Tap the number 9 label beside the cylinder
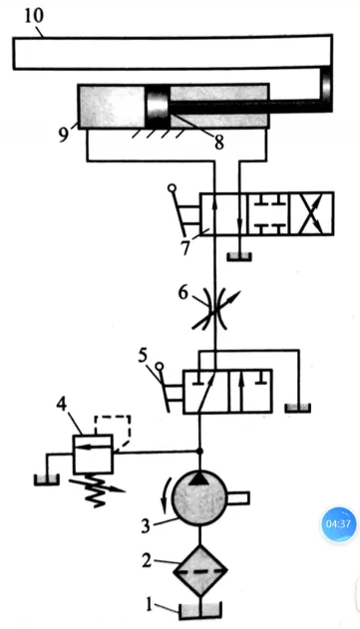pos(64,135)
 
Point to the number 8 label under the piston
pos(218,143)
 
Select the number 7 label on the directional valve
pos(185,247)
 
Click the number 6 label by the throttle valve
pos(183,293)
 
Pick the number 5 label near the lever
pos(144,356)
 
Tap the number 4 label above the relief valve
pos(62,405)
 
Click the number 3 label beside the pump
pos(146,525)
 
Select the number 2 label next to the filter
pos(147,560)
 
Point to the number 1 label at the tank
pos(150,605)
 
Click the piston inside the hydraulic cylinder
pos(158,107)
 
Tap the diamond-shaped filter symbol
pos(199,569)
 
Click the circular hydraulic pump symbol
pos(199,498)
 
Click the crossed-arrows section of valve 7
pos(311,213)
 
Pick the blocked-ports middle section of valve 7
pos(267,213)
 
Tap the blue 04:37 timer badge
pos(339,524)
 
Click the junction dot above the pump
pos(199,452)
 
